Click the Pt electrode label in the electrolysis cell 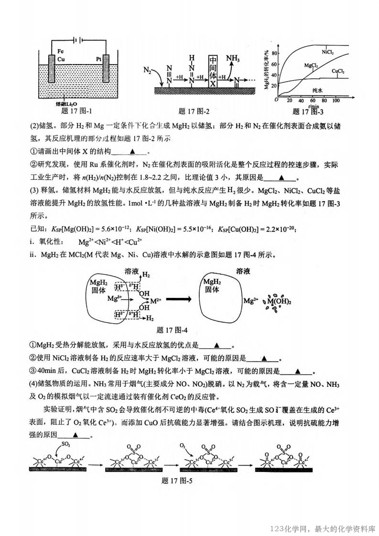coord(99,59)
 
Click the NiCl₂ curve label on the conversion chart coord(327,52)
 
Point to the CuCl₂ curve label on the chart coord(338,71)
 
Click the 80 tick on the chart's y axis coord(274,53)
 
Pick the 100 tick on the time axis coord(336,100)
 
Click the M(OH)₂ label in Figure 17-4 coord(280,302)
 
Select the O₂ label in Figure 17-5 coord(183,445)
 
